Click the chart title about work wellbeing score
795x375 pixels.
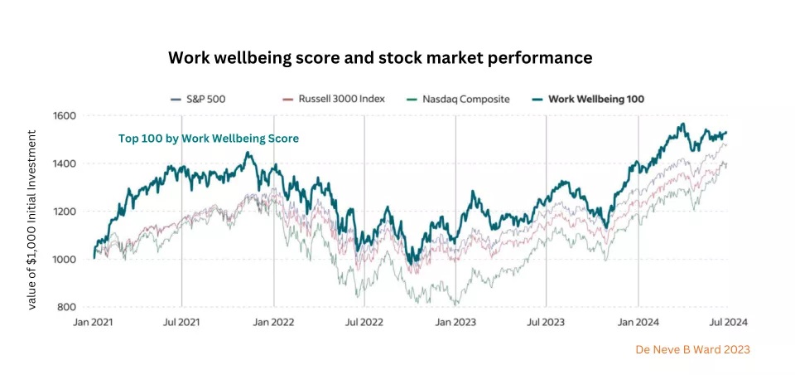(380, 58)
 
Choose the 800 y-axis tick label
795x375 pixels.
(66, 308)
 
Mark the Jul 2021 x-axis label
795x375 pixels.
(181, 320)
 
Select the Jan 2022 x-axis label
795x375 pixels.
(273, 320)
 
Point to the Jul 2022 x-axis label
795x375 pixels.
(364, 320)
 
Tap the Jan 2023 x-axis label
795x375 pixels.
(455, 320)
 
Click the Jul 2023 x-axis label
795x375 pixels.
(547, 320)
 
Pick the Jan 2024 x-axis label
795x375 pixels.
(638, 320)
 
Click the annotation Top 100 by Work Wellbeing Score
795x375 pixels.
(208, 139)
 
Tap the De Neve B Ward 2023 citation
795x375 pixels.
(692, 350)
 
